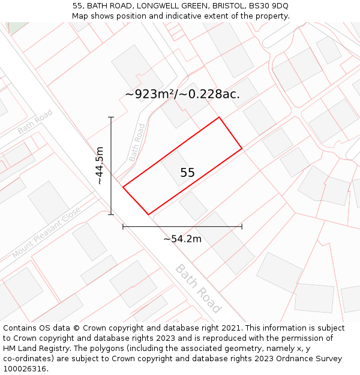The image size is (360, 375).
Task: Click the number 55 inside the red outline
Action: [x=187, y=173]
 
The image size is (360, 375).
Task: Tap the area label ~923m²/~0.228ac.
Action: [x=182, y=94]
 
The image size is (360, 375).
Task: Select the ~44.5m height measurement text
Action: [x=100, y=166]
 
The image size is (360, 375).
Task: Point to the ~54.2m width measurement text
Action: [x=182, y=239]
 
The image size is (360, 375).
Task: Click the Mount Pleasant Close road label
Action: [x=46, y=233]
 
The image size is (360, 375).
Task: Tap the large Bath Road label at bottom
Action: [x=199, y=288]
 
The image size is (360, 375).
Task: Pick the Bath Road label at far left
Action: [x=35, y=121]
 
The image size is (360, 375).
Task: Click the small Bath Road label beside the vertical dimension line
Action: [x=137, y=143]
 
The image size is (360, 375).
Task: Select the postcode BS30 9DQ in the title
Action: [x=268, y=6]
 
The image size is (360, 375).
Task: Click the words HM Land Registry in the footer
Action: [x=38, y=349]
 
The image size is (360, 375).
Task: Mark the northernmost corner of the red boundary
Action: [x=219, y=117]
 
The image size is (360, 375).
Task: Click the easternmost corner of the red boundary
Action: [x=242, y=148]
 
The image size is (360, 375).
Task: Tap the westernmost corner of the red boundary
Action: [x=123, y=187]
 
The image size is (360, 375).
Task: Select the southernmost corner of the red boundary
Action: [x=148, y=214]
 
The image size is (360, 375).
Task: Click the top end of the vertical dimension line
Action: [x=111, y=117]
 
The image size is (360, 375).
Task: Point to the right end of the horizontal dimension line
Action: [x=242, y=227]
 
